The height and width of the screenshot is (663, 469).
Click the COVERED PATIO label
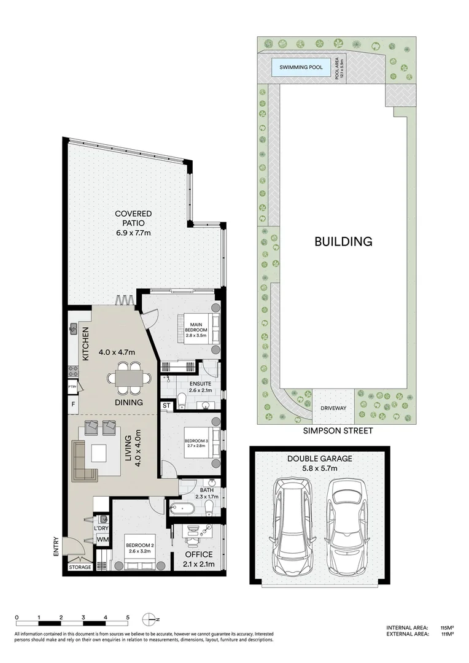[x=133, y=219]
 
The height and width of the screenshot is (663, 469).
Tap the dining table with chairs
[x=130, y=378]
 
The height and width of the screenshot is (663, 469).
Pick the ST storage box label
[x=166, y=406]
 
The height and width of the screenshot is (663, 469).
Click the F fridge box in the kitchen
[x=74, y=406]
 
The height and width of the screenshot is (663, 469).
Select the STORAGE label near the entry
[x=80, y=567]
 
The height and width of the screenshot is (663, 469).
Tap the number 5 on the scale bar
[x=128, y=618]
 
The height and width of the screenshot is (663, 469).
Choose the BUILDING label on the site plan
[x=343, y=241]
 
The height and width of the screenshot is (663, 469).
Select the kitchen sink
[x=73, y=331]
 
